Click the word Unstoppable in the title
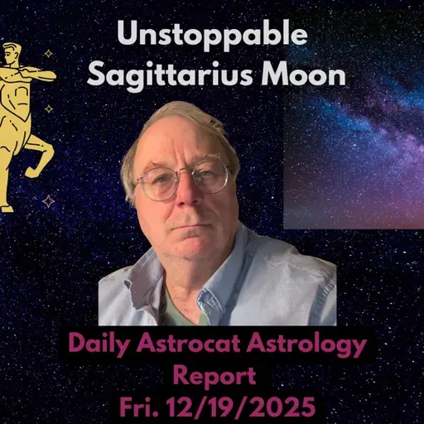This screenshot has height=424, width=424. click(212, 35)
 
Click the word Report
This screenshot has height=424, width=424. click(212, 374)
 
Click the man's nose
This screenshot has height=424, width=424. click(184, 197)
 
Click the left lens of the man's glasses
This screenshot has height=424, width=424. click(158, 184)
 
